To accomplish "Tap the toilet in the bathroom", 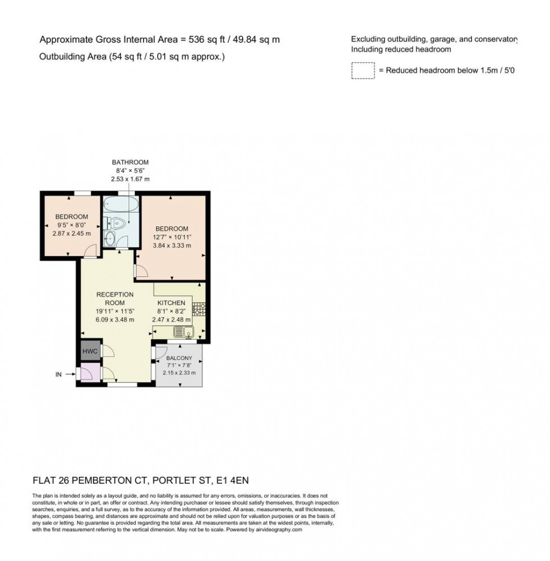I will (x=116, y=223).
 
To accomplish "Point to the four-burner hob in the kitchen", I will (x=199, y=308).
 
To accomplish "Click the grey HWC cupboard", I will (x=90, y=351).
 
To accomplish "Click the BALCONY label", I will (x=178, y=358).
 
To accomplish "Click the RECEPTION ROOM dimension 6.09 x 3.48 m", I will (x=114, y=319).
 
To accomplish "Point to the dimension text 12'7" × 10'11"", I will (x=172, y=237).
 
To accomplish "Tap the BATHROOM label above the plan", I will (x=130, y=162).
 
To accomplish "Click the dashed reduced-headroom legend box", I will (x=363, y=71).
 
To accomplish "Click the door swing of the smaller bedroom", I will (x=89, y=253).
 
